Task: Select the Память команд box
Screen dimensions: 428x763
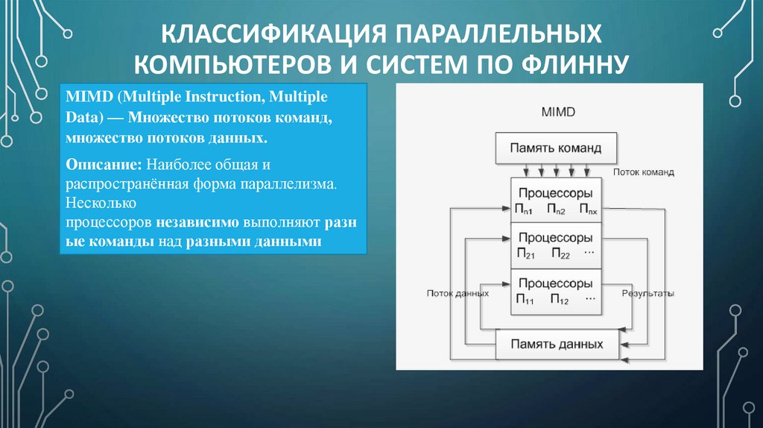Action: coord(555,148)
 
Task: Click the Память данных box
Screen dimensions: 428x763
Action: coord(557,344)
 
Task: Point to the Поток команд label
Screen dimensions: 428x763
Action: coord(643,171)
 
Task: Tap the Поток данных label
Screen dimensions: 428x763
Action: coord(458,294)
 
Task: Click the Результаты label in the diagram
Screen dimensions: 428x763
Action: coord(648,294)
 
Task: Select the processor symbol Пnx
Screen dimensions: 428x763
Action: coord(587,210)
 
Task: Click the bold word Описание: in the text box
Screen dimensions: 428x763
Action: coord(104,163)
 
